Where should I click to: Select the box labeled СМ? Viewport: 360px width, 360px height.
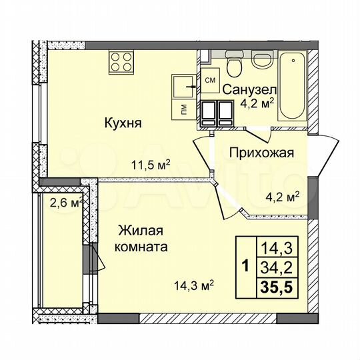point(209,81)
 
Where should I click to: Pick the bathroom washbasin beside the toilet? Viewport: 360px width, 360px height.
point(262,59)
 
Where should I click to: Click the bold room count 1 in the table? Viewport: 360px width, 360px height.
point(245,268)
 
